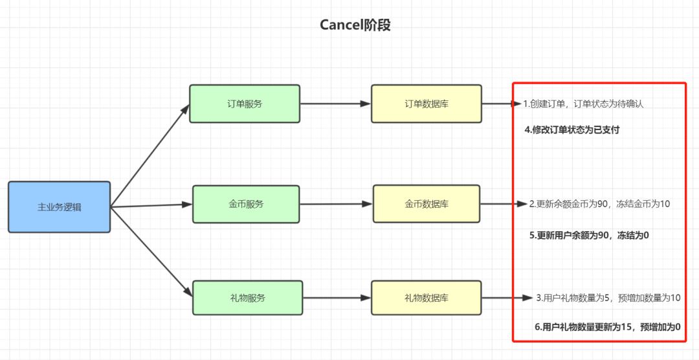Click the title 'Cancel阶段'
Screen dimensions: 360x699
(355, 25)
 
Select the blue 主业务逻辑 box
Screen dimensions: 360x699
(59, 207)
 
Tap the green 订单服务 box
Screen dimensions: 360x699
(245, 104)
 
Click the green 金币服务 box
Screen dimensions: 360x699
(246, 204)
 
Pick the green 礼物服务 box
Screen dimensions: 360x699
(247, 298)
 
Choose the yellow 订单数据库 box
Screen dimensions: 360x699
(426, 104)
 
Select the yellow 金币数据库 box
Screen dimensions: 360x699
(427, 204)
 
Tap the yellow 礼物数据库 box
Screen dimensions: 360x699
(427, 298)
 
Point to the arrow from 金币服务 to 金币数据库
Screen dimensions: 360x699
(336, 204)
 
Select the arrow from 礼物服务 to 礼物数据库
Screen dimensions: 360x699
(337, 298)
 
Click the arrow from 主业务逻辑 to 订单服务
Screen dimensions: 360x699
(150, 156)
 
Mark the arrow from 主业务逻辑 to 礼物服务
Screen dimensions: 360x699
(152, 252)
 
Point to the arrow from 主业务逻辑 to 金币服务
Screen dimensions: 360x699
(152, 206)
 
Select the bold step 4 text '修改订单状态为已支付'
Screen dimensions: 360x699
(571, 129)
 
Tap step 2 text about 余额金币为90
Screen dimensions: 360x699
(599, 204)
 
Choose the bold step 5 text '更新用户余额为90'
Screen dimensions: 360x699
(588, 236)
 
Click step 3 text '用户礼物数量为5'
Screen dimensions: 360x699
(608, 298)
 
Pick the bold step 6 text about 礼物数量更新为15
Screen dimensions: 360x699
(607, 327)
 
